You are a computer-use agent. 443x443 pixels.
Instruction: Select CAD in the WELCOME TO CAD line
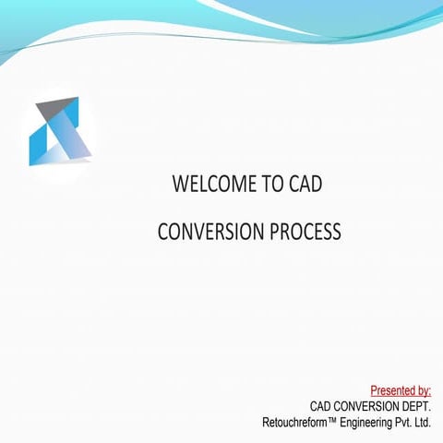pyautogui.click(x=306, y=185)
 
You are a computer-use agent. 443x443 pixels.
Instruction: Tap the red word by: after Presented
pyautogui.click(x=424, y=390)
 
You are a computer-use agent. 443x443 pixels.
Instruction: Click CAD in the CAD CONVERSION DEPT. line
pyautogui.click(x=322, y=406)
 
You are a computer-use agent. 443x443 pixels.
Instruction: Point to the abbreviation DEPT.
pyautogui.click(x=417, y=406)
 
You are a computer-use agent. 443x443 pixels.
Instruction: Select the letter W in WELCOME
pyautogui.click(x=181, y=185)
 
